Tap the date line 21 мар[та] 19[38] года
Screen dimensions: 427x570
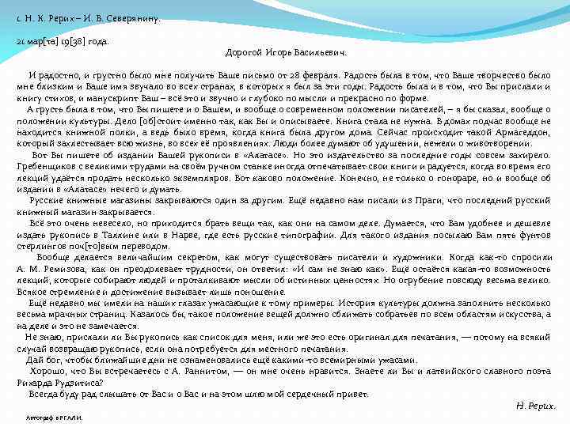pyautogui.click(x=63, y=40)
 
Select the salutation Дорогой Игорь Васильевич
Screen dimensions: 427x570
pyautogui.click(x=287, y=52)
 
